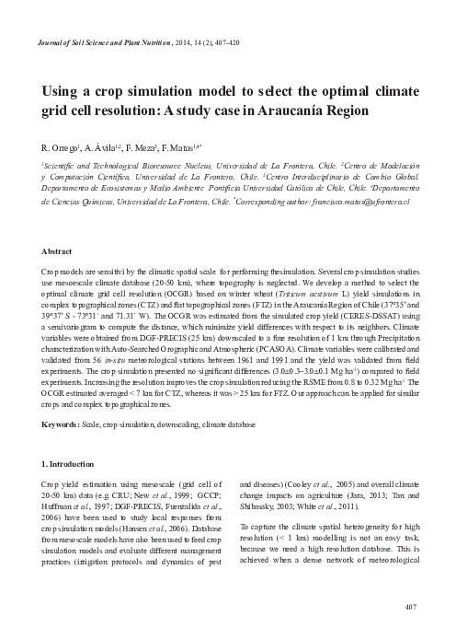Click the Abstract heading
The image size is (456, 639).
point(60,250)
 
